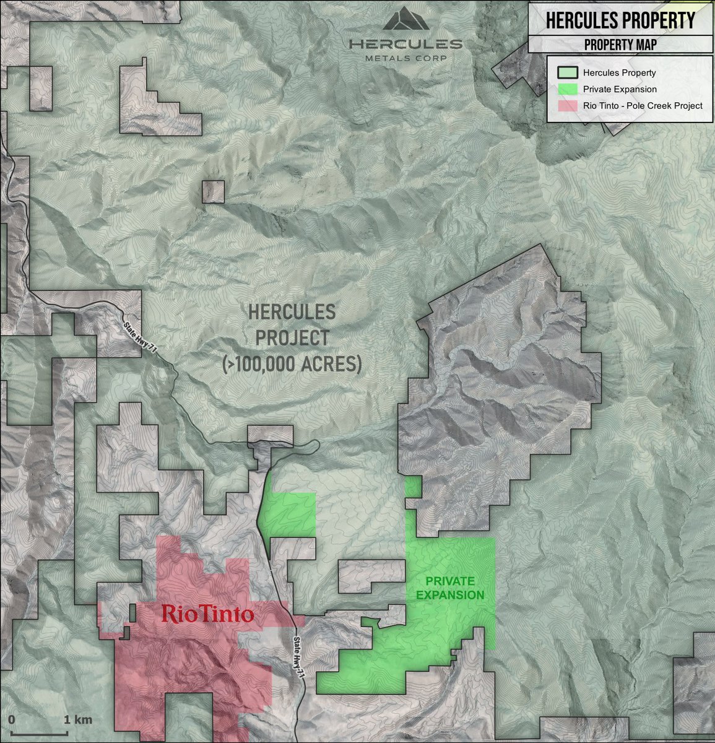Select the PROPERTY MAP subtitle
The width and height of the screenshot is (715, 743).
coord(620,45)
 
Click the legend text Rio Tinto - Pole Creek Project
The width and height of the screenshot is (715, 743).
coord(643,105)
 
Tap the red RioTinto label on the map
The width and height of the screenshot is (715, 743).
coord(207,614)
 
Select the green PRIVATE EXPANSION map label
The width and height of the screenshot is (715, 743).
coord(450,588)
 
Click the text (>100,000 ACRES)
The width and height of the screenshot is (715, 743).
coord(292,364)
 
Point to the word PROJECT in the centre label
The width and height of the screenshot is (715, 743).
coord(292,338)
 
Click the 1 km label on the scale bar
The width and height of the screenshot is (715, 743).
coord(78,719)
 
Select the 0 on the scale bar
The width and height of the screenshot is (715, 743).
coord(12,719)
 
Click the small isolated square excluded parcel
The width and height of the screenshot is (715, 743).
coord(213,191)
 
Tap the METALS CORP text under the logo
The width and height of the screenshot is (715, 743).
coord(405,58)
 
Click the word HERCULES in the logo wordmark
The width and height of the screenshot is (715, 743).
coord(405,44)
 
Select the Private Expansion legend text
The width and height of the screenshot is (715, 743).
coord(611,89)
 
